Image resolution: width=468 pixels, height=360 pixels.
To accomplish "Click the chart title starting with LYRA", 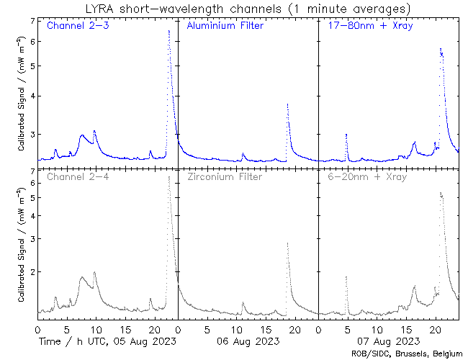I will (x=246, y=9).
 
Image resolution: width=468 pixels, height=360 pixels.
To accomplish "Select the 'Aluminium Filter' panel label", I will (x=225, y=27).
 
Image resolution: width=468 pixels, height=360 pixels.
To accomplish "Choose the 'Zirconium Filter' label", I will (x=225, y=176).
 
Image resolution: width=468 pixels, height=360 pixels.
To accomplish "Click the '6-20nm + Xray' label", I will (x=367, y=176).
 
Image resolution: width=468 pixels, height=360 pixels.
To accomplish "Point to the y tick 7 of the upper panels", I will (x=32, y=21).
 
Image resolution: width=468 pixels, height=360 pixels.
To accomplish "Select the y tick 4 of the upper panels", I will (x=32, y=96).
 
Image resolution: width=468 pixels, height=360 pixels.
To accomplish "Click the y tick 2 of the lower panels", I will (x=32, y=272).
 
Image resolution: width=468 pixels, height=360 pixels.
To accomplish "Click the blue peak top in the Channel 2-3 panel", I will (x=168, y=31).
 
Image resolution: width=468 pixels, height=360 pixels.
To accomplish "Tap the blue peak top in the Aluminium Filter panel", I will (x=287, y=104).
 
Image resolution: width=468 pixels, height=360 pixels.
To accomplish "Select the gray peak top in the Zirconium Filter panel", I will (x=287, y=243).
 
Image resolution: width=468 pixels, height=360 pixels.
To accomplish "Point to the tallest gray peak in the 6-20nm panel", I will (x=441, y=193).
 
